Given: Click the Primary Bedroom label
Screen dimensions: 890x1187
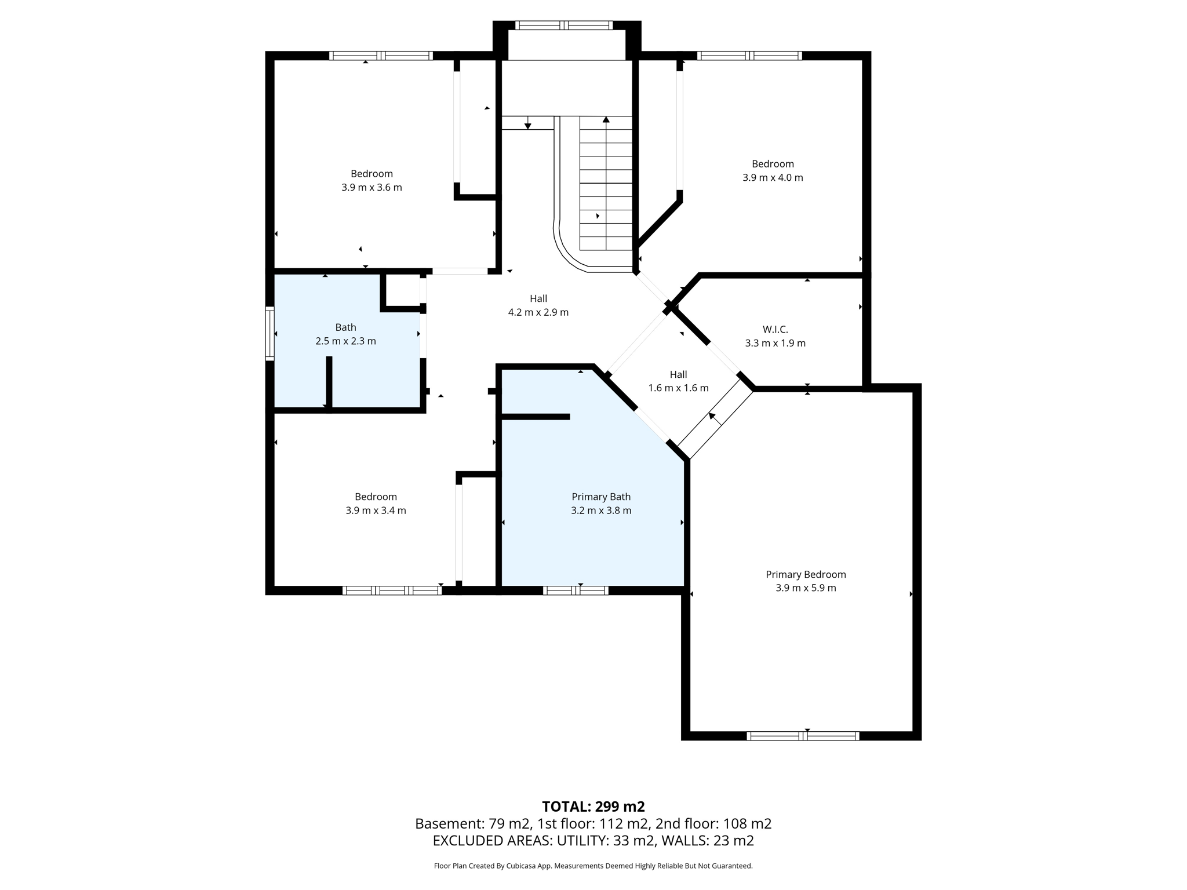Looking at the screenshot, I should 806,574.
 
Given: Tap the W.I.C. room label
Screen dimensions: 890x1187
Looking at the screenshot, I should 775,329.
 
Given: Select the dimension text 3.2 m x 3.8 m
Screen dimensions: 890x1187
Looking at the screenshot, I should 601,510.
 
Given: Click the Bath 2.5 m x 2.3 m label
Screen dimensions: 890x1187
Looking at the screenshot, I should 345,334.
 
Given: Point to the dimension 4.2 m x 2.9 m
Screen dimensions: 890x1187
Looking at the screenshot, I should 538,312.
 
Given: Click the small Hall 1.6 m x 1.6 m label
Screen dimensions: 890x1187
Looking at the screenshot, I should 678,381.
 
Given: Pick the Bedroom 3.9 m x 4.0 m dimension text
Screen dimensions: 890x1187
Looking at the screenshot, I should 773,178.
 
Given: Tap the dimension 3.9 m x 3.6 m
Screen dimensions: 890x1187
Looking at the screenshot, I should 372,188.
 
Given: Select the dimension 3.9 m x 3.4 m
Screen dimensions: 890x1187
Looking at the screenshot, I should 376,510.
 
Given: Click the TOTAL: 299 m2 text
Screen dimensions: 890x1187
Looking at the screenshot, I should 593,807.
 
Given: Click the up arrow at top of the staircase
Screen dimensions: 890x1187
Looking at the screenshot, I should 606,121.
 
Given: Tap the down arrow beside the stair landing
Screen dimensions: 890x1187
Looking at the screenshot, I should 527,125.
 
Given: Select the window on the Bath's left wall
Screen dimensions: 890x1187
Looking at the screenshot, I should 270,333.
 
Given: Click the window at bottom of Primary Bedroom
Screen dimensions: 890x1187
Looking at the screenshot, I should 803,736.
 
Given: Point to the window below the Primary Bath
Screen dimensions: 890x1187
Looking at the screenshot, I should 576,590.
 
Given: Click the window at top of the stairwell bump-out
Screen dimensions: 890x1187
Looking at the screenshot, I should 564,25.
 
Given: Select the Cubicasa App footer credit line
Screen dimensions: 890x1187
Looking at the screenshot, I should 593,866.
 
